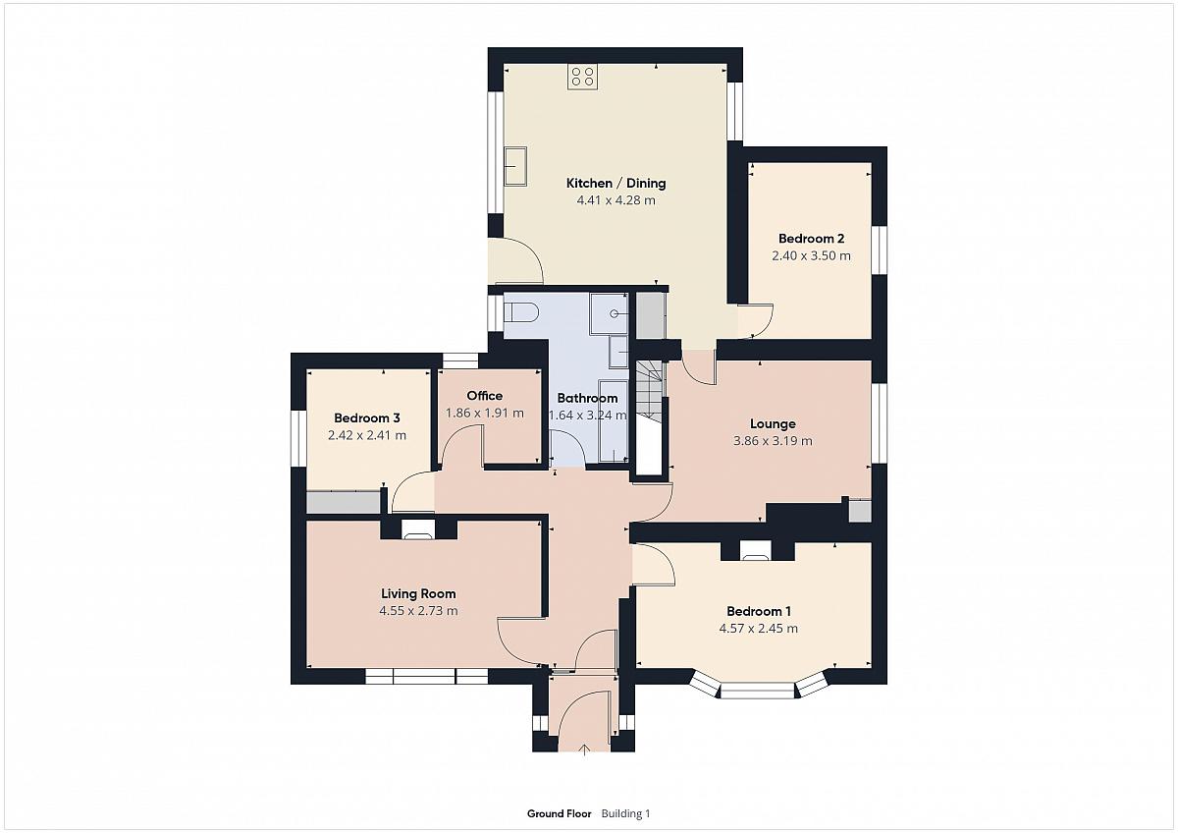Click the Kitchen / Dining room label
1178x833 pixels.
(x=616, y=183)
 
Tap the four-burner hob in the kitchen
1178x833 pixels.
(x=582, y=77)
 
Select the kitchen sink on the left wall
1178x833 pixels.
(x=515, y=166)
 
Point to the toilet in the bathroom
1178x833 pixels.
(x=521, y=312)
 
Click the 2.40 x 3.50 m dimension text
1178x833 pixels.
(x=811, y=255)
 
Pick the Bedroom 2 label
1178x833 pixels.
(x=812, y=239)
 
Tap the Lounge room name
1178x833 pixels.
(x=773, y=423)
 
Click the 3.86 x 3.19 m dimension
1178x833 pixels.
(x=773, y=441)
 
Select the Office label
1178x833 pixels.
(x=484, y=396)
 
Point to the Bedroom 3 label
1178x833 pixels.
(x=367, y=418)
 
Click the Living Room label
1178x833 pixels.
(x=418, y=593)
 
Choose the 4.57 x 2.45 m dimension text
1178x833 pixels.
(x=758, y=629)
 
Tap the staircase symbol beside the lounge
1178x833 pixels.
(x=650, y=389)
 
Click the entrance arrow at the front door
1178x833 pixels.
(x=584, y=750)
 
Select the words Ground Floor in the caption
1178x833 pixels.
(x=559, y=813)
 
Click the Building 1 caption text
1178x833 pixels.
(x=626, y=813)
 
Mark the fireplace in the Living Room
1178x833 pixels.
(x=418, y=529)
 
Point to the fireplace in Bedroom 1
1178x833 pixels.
(x=756, y=550)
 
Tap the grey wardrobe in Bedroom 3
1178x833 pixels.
(x=344, y=502)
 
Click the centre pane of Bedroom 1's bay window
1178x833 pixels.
(x=757, y=691)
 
